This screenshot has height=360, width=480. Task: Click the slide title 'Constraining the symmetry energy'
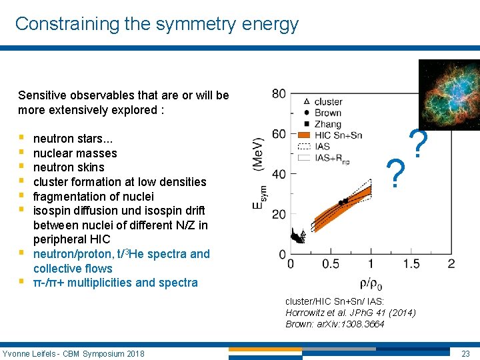(x=157, y=24)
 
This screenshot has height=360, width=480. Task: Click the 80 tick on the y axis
(x=279, y=93)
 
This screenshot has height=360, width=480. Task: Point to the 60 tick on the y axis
(x=279, y=134)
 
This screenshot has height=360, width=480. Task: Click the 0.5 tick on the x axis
(x=330, y=264)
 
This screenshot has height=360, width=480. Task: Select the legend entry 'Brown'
(x=327, y=113)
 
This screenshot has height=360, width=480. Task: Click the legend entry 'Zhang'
(x=327, y=124)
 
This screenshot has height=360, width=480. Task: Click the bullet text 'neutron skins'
(x=69, y=167)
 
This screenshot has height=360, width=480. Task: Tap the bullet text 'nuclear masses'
(x=75, y=153)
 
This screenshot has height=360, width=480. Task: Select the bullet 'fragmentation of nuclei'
(x=93, y=196)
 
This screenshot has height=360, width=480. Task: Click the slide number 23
(x=467, y=353)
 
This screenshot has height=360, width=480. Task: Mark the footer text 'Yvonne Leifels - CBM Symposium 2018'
(x=73, y=353)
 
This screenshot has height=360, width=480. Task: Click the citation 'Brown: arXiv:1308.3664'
(x=335, y=324)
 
